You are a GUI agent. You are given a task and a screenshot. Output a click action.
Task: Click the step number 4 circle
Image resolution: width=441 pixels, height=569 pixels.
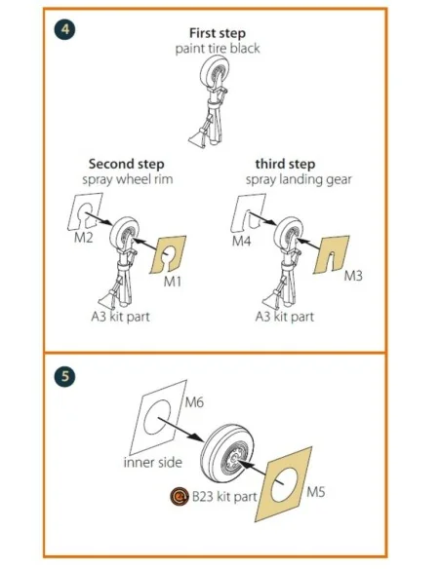tap(64, 29)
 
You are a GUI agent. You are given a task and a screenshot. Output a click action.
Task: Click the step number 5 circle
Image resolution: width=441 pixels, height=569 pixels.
tap(64, 376)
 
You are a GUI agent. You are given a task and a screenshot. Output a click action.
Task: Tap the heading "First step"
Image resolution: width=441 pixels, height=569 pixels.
tap(218, 33)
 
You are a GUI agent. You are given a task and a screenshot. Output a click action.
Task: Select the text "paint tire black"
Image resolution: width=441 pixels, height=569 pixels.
tap(218, 49)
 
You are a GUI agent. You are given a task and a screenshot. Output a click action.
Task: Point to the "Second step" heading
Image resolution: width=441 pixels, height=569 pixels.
tap(127, 164)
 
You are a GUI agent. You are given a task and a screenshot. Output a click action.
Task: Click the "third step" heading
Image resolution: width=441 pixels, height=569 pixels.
tap(285, 164)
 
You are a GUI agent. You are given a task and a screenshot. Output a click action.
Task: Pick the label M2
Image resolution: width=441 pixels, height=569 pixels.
tap(84, 238)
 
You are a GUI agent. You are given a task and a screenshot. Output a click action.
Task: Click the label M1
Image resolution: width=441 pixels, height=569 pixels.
tap(172, 282)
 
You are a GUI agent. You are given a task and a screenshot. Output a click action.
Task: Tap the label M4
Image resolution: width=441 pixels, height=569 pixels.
tap(242, 241)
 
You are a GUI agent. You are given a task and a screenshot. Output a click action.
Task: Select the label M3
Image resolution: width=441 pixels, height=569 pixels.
tap(353, 276)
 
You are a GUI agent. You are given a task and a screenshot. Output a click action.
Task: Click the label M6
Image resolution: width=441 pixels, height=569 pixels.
tap(194, 402)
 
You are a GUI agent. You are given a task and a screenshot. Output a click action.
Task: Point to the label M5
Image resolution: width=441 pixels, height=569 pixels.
tap(316, 492)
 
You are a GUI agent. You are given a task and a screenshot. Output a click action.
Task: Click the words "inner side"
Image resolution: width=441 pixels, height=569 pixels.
tap(152, 462)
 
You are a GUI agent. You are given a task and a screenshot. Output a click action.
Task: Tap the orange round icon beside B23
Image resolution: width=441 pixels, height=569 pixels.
tap(180, 496)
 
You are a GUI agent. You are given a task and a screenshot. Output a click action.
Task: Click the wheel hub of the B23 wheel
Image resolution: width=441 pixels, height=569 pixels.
tap(233, 460)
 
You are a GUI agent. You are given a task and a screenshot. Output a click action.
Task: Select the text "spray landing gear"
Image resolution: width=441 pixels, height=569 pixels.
tap(299, 180)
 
